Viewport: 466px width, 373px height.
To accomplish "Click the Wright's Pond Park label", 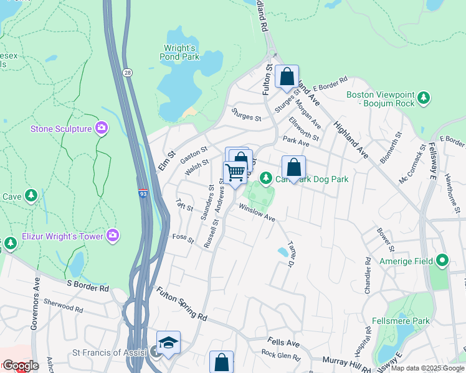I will (x=181, y=52).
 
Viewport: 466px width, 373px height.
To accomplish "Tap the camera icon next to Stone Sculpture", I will (x=102, y=129).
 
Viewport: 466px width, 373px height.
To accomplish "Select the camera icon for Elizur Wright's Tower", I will (x=113, y=234).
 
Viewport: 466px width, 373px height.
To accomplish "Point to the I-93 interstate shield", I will (x=143, y=195).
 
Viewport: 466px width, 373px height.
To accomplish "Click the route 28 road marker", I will (x=126, y=73).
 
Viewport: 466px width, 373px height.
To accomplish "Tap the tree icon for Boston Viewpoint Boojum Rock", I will (x=424, y=98).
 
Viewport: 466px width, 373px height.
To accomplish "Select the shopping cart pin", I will (x=235, y=172).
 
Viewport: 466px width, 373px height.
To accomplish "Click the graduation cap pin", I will (x=168, y=343).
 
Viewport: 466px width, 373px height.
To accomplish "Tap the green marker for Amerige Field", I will (x=442, y=259).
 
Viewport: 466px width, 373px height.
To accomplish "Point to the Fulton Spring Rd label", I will (x=181, y=304).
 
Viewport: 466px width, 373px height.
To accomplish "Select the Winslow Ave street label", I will (x=257, y=214).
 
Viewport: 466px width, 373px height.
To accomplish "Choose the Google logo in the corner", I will (x=20, y=366).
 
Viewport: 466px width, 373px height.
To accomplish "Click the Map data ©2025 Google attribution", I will (x=427, y=368).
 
